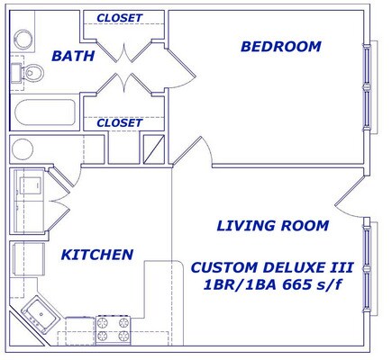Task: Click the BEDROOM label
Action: point(281,47)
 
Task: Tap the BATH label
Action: point(73,56)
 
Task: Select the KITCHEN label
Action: point(97,255)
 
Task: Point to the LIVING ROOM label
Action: point(273,226)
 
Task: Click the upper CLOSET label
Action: point(120,18)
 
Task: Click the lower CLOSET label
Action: point(120,122)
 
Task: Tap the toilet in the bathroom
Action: point(29,72)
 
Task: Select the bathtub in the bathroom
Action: point(44,112)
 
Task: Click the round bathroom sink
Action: point(23,39)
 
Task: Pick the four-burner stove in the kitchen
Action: point(114,329)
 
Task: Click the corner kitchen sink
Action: point(41,314)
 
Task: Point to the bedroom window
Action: point(367,87)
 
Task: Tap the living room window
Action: point(367,268)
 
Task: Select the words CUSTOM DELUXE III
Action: point(272,267)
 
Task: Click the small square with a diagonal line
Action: point(154,149)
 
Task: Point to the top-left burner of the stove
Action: point(104,323)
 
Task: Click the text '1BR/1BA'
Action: point(240,285)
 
